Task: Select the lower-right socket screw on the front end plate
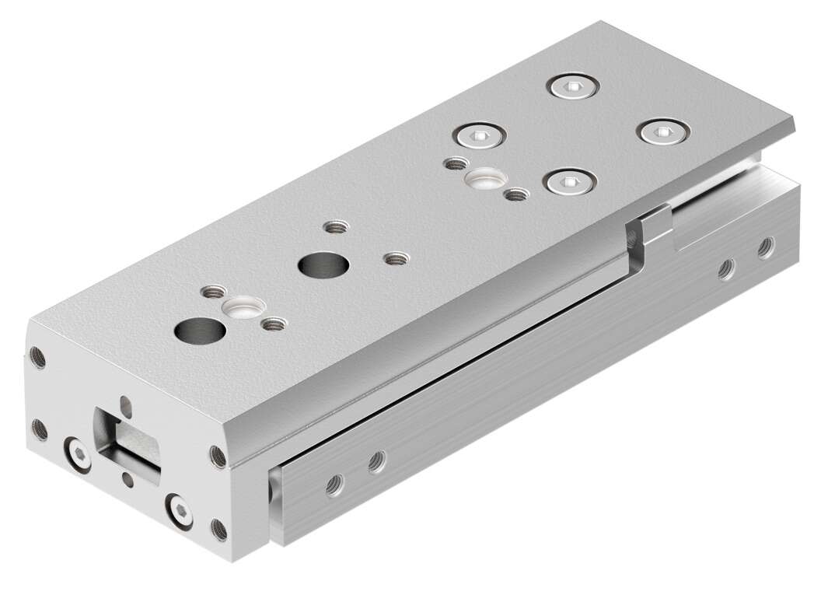coord(179,511)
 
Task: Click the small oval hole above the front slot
coord(127,403)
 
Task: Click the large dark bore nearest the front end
coord(200,330)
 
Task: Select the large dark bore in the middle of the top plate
coord(320,264)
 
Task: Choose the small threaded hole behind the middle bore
coord(335,229)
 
